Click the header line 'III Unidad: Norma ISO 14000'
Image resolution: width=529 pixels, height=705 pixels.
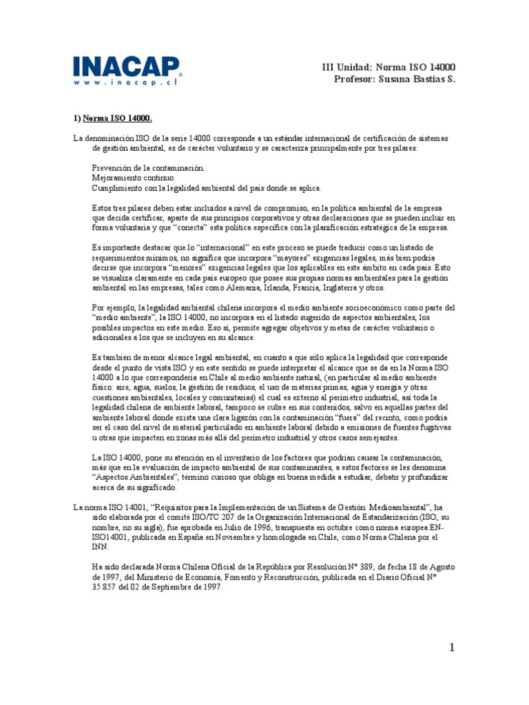pyautogui.click(x=389, y=67)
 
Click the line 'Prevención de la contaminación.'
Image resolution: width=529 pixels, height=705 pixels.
pyautogui.click(x=148, y=168)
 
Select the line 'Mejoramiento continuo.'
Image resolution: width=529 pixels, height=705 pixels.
pyautogui.click(x=129, y=178)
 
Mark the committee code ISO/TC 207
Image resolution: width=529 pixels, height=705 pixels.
pyautogui.click(x=194, y=517)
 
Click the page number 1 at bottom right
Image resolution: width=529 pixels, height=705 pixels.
pyautogui.click(x=452, y=649)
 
